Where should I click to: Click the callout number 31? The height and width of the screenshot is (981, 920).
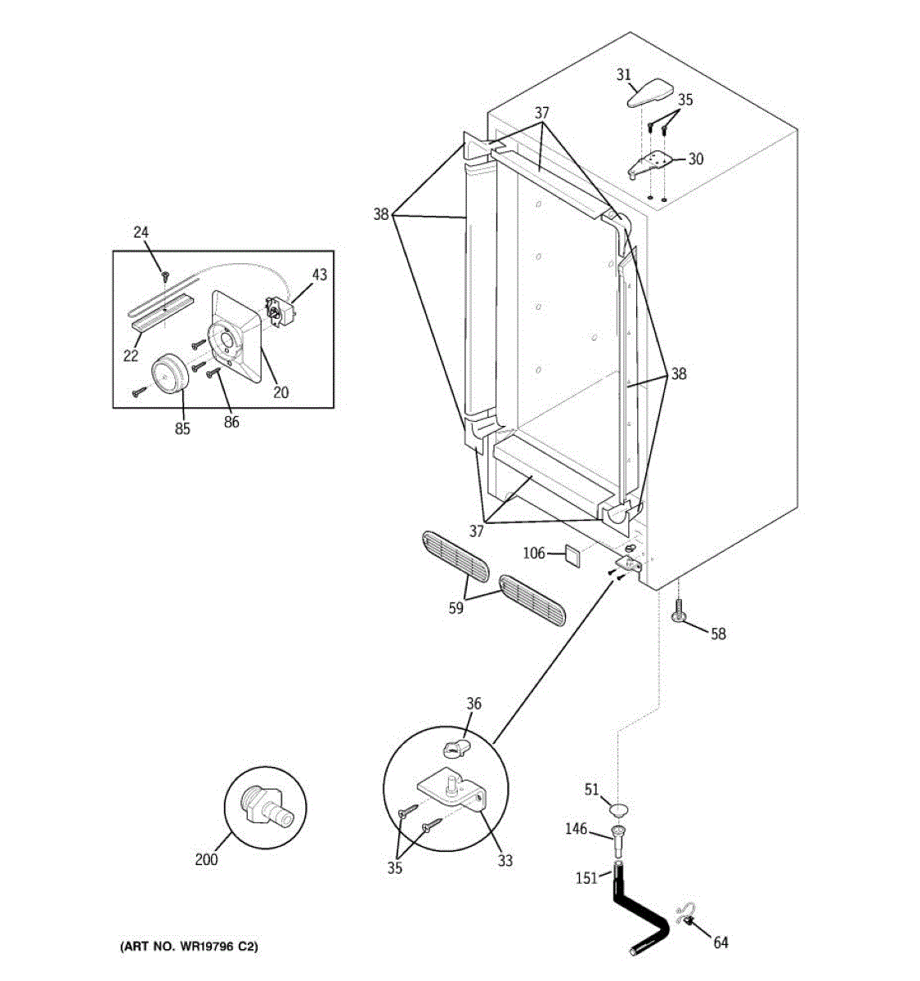point(623,75)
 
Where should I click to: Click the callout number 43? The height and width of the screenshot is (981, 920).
point(319,275)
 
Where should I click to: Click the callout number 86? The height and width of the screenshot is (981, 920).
point(231,422)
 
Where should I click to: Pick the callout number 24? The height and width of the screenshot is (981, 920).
point(141,233)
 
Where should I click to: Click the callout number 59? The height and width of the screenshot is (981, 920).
point(456,607)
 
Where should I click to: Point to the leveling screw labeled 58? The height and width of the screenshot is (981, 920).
point(679,612)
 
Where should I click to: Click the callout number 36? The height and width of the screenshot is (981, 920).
point(474,703)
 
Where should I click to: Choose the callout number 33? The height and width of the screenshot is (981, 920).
point(505,860)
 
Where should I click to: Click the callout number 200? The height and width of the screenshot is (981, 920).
point(207,859)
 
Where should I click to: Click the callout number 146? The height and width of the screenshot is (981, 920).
point(577,829)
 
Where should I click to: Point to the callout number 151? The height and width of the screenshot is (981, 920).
point(586,878)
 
